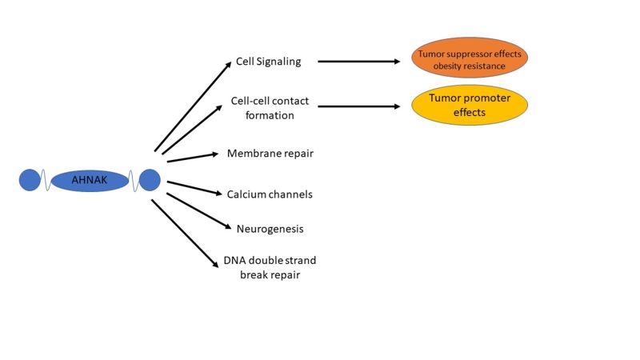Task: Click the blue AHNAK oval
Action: click(x=90, y=181)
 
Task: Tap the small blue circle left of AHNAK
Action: click(x=30, y=180)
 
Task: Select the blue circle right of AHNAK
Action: click(x=150, y=180)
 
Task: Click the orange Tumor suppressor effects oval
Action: click(x=470, y=58)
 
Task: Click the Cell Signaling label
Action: click(x=268, y=61)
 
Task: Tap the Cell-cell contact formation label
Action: click(x=270, y=109)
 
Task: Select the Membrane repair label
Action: click(x=270, y=153)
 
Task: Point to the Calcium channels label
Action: click(x=270, y=194)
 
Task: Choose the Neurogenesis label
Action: click(x=270, y=229)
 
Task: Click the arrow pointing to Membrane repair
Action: click(x=192, y=157)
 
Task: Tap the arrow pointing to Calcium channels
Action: click(x=193, y=188)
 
